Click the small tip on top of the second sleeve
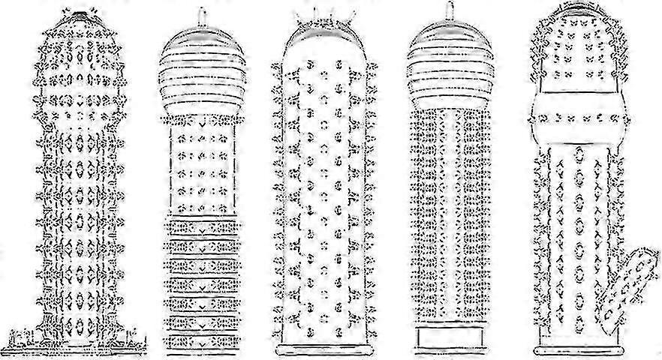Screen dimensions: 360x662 click(202, 16)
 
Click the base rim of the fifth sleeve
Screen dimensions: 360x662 click(578, 349)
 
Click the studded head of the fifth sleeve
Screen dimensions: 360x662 click(577, 52)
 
